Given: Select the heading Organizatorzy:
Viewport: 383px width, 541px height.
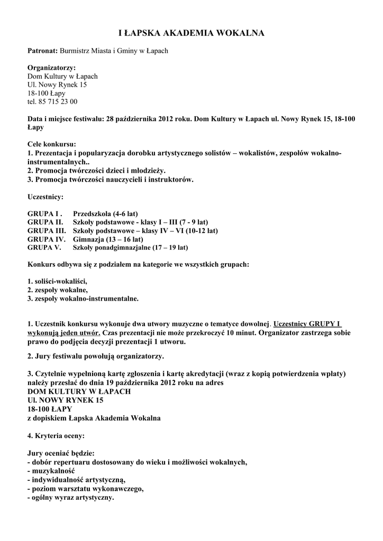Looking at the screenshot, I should click(51, 68).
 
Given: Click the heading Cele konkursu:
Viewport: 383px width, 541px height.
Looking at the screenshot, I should click(51, 144).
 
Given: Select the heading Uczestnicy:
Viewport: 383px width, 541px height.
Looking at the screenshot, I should click(45, 197).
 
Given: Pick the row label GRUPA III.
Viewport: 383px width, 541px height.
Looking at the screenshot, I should click(47, 230).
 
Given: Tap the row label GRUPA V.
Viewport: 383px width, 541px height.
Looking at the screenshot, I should click(44, 247).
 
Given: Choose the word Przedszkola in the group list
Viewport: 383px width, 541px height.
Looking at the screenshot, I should click(92, 213).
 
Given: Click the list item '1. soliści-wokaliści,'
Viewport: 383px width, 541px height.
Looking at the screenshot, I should click(57, 281).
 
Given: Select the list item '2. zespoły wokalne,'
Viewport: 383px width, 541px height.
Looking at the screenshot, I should click(57, 290).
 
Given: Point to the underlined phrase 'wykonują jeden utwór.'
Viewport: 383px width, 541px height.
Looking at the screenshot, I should click(63, 333).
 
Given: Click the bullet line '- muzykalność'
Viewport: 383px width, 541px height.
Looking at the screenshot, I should click(51, 470).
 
